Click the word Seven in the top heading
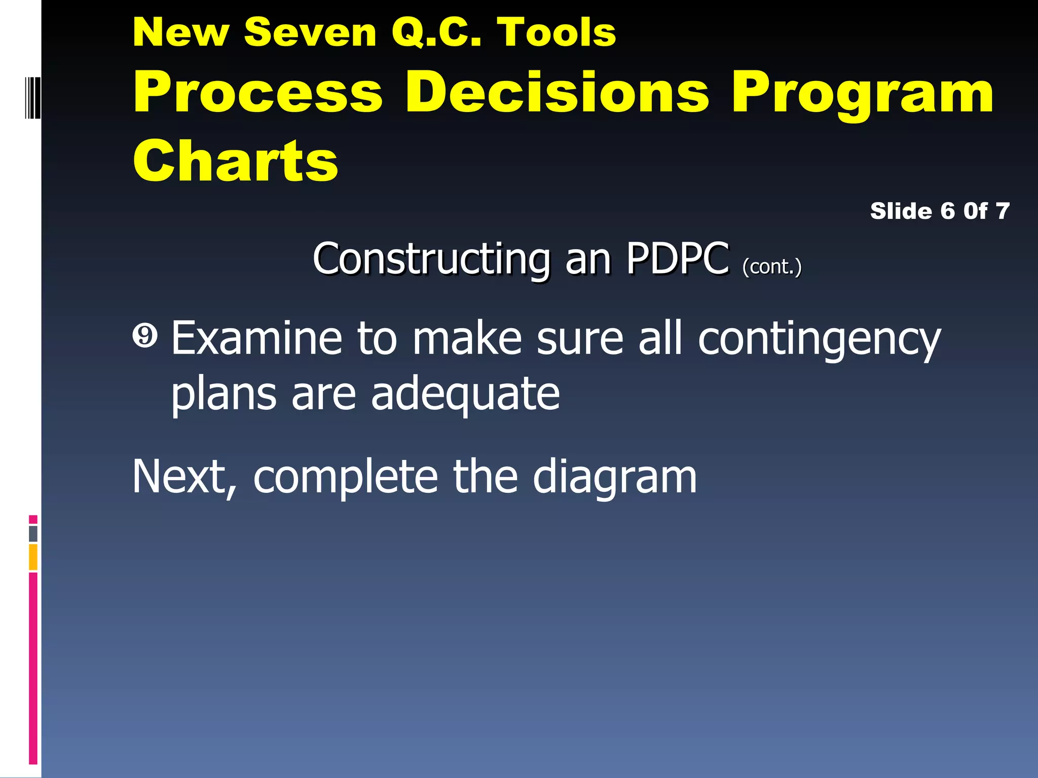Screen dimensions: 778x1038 tap(310, 32)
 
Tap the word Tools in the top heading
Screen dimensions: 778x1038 tap(556, 32)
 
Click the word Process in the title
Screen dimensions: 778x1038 tap(258, 93)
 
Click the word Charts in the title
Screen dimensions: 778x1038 tap(235, 161)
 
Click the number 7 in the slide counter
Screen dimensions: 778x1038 tap(1002, 211)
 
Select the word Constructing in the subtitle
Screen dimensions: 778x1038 tap(431, 259)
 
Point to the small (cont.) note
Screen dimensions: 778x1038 tap(772, 266)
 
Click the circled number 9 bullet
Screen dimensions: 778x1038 tap(145, 337)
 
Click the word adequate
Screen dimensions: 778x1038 tap(465, 395)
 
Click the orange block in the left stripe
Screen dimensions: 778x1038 tap(33, 557)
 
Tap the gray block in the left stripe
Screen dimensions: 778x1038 tap(33, 533)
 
